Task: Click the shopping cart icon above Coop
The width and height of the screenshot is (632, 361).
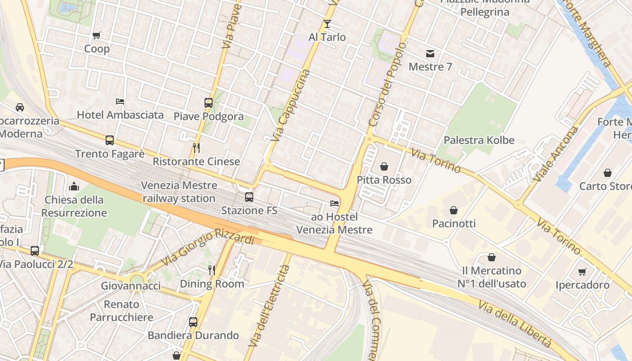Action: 96,35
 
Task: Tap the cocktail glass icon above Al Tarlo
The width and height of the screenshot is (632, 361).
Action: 327,23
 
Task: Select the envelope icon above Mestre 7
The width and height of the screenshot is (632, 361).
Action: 430,54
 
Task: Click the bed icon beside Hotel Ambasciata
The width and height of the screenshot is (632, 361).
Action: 120,102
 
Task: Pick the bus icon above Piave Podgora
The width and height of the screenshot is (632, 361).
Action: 208,103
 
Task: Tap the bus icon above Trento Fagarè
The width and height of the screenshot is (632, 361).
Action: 110,140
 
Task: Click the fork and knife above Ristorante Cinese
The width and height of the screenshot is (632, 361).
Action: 196,148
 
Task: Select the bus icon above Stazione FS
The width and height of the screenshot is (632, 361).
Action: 249,197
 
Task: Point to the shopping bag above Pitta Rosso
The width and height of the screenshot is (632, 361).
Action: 384,167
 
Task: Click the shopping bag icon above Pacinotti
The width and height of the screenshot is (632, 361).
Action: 454,210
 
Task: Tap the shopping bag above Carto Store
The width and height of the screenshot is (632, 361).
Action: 608,173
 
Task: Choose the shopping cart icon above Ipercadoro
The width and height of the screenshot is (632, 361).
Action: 582,272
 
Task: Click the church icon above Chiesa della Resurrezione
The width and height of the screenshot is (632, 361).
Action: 74,186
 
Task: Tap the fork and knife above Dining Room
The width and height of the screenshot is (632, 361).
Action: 212,270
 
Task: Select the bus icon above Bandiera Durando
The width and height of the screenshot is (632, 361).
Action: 193,322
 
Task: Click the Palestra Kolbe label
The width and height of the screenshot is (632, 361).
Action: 479,140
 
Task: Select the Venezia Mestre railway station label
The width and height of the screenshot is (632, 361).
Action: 179,192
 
